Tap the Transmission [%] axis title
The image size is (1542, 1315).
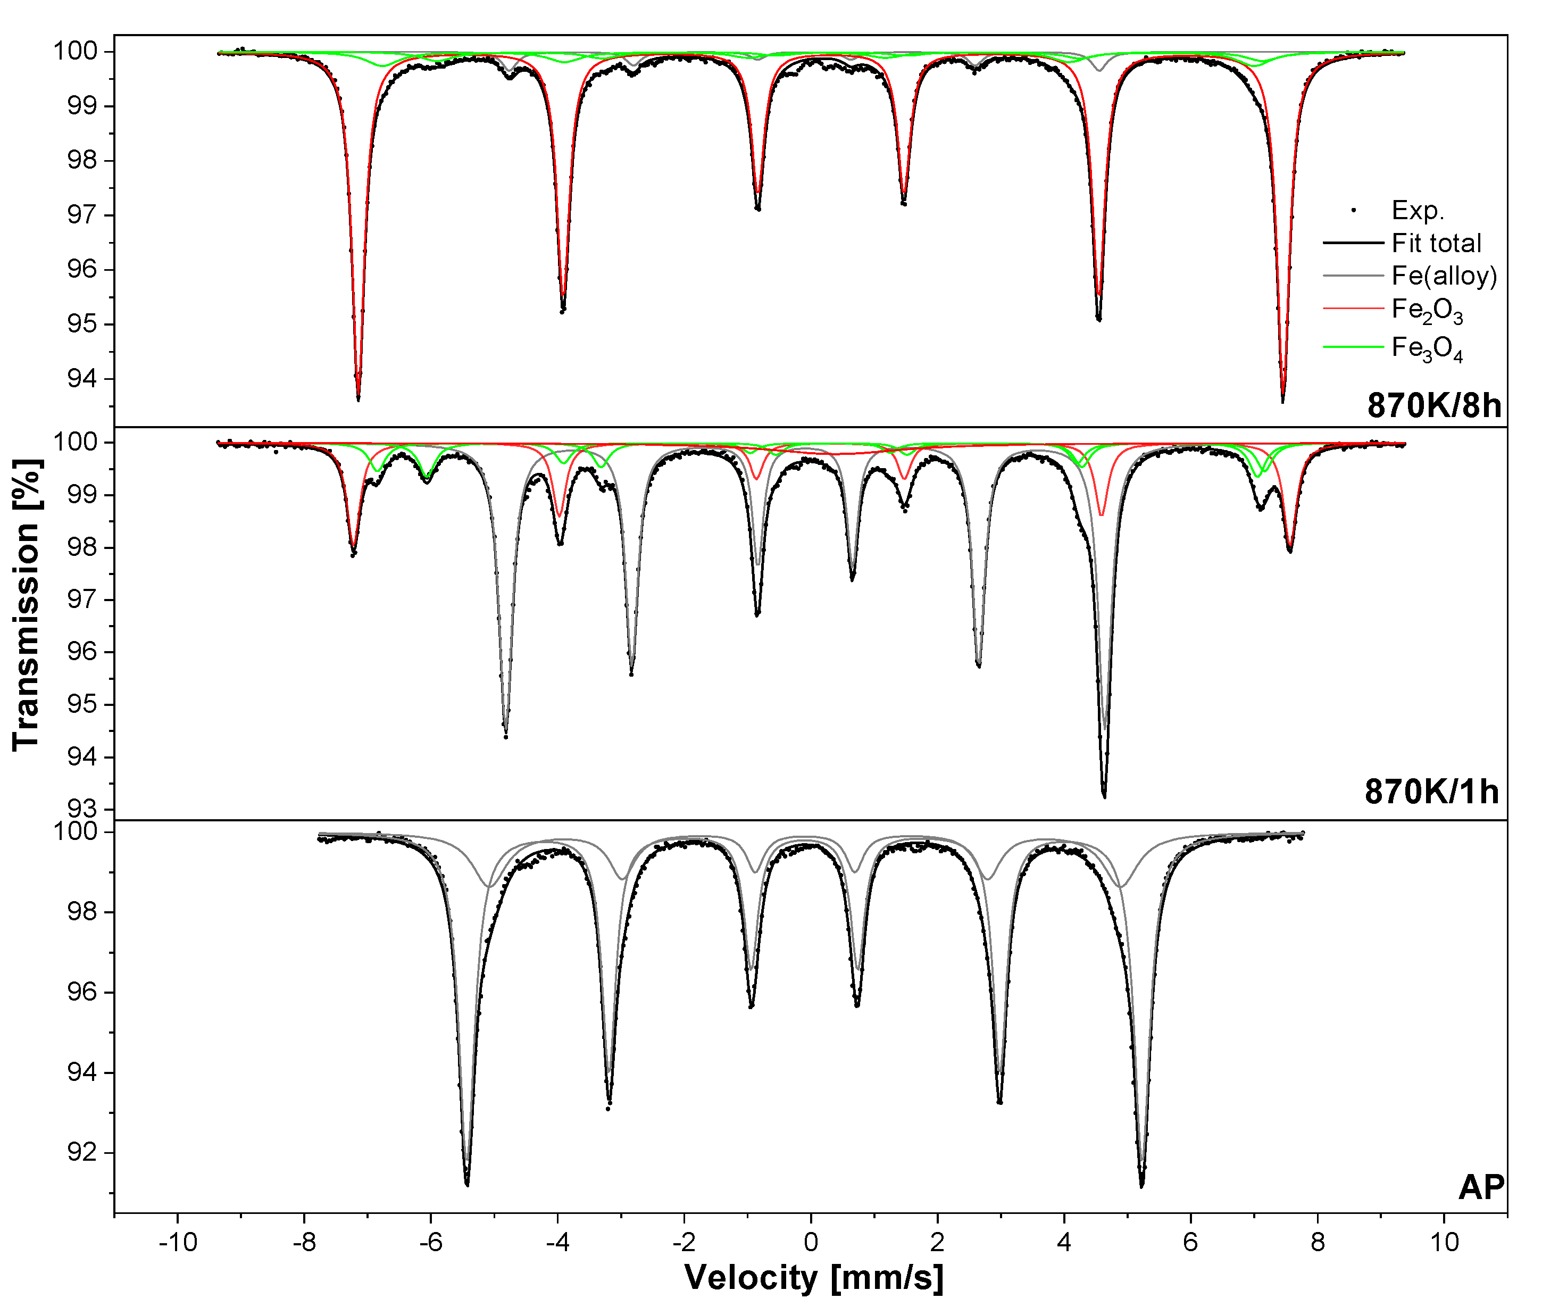pyautogui.click(x=26, y=604)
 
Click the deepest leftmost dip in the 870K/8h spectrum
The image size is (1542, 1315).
pyautogui.click(x=358, y=398)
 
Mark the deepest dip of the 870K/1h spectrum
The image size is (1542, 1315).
pyautogui.click(x=1104, y=796)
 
